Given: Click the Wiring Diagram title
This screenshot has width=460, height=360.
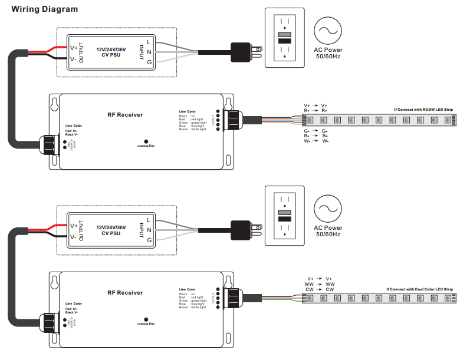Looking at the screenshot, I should point(44,9).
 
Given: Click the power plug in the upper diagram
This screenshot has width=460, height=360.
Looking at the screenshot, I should point(242,52).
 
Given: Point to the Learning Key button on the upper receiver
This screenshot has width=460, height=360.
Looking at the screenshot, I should point(146,141).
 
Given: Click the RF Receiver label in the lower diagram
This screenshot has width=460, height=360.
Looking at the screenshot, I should point(125,292).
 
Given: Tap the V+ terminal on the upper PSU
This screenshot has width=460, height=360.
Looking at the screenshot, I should point(74,48).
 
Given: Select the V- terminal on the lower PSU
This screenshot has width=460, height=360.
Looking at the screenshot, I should point(74,236).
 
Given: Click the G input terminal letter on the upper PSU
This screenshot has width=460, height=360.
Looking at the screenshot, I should point(149,62).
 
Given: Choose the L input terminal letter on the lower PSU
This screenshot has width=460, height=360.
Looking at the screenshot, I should point(149,220).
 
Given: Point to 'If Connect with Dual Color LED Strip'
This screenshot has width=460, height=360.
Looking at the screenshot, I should point(420,289).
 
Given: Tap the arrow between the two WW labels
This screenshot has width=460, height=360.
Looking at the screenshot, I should point(320,284).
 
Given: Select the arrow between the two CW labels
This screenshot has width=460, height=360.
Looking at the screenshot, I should point(320,290).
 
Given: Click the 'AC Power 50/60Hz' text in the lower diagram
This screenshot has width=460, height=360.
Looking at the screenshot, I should point(328,231).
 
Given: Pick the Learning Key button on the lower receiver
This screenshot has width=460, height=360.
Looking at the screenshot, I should point(146,319).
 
